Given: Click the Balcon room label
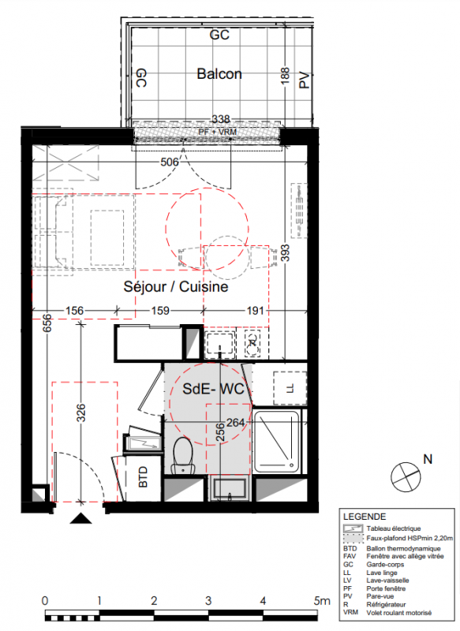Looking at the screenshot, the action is (x=219, y=74).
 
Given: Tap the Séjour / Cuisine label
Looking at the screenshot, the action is (x=176, y=286).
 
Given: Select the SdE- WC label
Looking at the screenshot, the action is (x=213, y=389).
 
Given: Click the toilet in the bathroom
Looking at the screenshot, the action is (x=182, y=455).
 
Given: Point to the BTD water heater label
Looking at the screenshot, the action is (x=143, y=477).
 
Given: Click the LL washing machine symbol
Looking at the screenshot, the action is (x=290, y=388).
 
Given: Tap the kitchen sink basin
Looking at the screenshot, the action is (x=219, y=345).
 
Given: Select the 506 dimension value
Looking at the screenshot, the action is (x=170, y=162).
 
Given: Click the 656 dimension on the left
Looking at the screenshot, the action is (x=47, y=323).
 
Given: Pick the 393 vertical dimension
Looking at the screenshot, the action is (x=285, y=253).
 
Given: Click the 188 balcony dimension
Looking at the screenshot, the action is (x=285, y=76).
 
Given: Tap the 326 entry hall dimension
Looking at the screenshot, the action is (x=81, y=413).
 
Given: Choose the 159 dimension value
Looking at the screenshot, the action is (x=160, y=311).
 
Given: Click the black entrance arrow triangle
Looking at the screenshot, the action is (x=81, y=518).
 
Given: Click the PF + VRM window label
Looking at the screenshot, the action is (x=217, y=132).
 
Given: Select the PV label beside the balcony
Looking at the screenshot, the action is (x=305, y=80).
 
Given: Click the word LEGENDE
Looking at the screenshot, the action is (x=365, y=517).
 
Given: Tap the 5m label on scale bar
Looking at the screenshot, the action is (x=322, y=601).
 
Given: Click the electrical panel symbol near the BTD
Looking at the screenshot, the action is (x=144, y=443).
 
